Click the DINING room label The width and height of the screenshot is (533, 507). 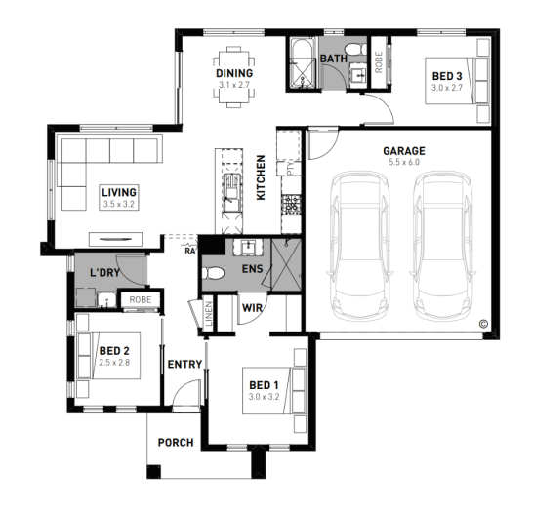click(234, 73)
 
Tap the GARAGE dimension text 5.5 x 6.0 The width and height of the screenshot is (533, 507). click(404, 162)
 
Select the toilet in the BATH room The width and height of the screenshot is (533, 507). click(355, 50)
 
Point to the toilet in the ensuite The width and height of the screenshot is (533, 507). click(213, 273)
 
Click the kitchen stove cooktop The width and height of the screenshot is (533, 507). click(292, 205)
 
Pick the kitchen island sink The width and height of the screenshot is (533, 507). click(232, 192)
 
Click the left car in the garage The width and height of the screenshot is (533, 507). click(360, 247)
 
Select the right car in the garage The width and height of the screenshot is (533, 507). click(443, 247)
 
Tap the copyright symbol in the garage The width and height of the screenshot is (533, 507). click(483, 324)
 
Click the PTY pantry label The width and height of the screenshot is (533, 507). click(290, 169)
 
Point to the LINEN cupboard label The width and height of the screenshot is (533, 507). click(209, 314)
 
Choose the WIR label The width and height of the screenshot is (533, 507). click(252, 308)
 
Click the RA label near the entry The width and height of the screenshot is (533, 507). click(190, 251)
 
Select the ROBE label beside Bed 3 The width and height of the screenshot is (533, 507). click(379, 61)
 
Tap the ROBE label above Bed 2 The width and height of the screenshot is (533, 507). click(141, 300)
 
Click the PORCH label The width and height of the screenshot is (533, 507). click(176, 443)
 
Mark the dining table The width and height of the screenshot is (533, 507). click(234, 77)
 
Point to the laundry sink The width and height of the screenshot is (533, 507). click(106, 299)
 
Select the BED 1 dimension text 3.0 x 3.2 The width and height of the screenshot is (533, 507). click(264, 397)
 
